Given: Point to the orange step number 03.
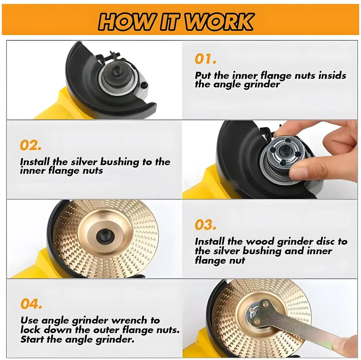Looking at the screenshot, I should [x=205, y=225].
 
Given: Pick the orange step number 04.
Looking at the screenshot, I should [x=31, y=304].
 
